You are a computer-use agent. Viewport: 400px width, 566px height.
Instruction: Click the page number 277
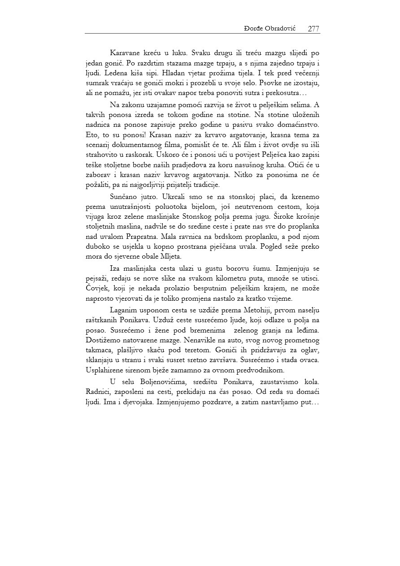tap(313, 29)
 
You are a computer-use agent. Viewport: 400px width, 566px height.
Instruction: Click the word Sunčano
tap(124, 197)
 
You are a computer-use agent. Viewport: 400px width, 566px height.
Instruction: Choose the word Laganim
tap(125, 310)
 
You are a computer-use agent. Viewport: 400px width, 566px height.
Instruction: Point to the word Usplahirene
tap(106, 370)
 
